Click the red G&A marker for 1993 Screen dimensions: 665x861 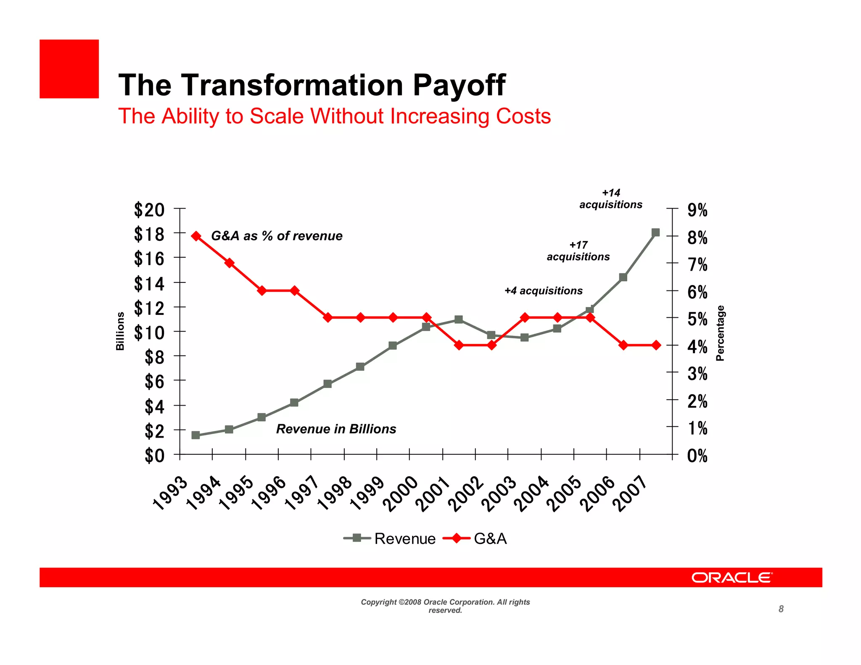(x=196, y=236)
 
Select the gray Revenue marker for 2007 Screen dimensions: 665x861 (x=655, y=232)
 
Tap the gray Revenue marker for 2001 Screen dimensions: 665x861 (x=459, y=319)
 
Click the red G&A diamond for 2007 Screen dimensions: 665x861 (x=656, y=345)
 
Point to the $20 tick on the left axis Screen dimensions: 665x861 (x=149, y=210)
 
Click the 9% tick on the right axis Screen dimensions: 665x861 (x=697, y=210)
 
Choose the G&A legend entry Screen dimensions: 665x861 (x=490, y=538)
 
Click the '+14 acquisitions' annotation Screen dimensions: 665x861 (x=611, y=199)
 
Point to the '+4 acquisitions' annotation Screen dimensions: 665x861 (x=543, y=290)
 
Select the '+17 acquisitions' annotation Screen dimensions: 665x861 (x=578, y=251)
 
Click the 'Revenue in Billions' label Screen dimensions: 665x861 (x=336, y=429)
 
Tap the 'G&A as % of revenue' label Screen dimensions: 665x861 (x=277, y=236)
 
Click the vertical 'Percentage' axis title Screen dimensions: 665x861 (x=720, y=333)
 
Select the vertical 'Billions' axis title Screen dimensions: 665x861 (x=120, y=331)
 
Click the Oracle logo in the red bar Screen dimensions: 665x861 (x=732, y=578)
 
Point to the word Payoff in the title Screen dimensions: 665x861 (x=459, y=85)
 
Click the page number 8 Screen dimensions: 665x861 (x=781, y=609)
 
